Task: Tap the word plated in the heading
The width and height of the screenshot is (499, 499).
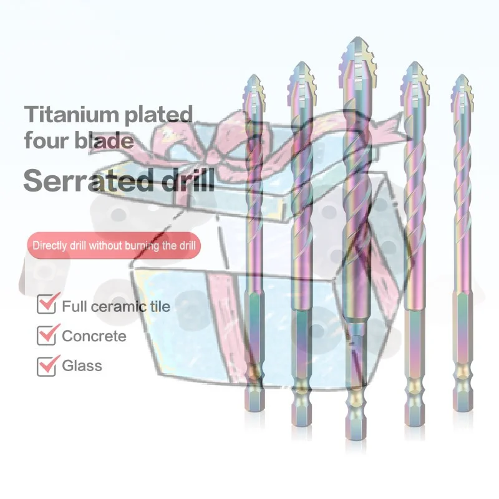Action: click(x=158, y=115)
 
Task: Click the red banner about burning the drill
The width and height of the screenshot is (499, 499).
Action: click(x=114, y=245)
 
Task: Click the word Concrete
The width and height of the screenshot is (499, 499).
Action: click(x=94, y=336)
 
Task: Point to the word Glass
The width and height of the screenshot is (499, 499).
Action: click(x=82, y=366)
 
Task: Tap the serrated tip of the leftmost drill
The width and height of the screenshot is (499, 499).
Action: click(x=254, y=90)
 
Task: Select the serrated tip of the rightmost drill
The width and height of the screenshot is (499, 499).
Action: click(x=462, y=90)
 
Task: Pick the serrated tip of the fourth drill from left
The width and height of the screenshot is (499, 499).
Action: click(x=414, y=78)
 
